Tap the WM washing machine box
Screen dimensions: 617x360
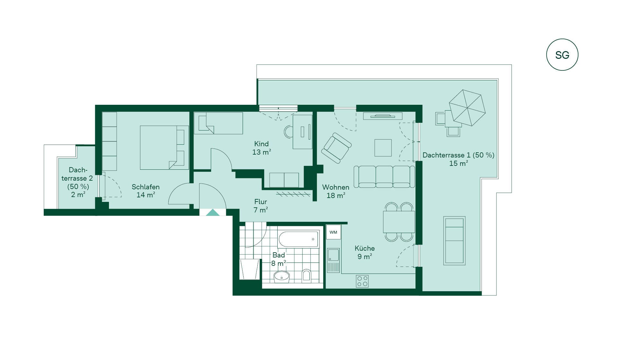333,232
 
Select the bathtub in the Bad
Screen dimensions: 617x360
299,239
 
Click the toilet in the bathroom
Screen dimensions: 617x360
307,276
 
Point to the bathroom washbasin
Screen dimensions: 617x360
282,276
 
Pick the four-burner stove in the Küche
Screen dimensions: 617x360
362,281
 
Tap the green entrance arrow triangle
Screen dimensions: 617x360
212,212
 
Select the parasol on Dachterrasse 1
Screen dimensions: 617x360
467,108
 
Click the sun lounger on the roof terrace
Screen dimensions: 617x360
454,240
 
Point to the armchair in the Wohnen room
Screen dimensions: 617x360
336,148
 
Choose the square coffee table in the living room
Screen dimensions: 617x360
383,148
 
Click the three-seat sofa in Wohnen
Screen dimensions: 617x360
384,176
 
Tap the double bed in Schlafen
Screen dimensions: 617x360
164,148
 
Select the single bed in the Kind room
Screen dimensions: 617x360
219,123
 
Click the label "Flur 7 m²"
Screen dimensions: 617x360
261,206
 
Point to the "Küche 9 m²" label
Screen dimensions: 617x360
365,252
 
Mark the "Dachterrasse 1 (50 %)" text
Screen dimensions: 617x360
458,155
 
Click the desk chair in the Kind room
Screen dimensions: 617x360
289,132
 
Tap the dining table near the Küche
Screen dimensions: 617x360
399,222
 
